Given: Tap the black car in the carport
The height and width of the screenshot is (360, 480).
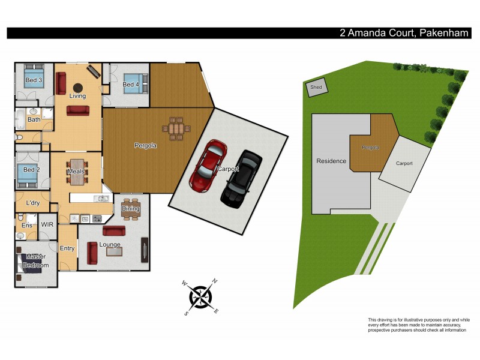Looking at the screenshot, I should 241,178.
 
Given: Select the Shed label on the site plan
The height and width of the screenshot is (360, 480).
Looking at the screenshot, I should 316,88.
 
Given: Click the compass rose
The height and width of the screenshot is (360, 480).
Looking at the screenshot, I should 201,296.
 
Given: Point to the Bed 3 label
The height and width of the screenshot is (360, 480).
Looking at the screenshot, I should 33,80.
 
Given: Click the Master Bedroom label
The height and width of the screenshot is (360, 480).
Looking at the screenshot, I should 36,261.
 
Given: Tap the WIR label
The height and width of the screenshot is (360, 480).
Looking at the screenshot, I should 47,225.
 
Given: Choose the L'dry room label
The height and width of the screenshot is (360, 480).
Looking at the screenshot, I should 33,202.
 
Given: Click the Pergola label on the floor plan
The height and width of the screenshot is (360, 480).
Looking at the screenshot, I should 145,145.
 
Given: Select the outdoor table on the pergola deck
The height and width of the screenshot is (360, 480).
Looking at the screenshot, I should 176,128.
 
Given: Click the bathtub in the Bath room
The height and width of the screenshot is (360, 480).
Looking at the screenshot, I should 20,119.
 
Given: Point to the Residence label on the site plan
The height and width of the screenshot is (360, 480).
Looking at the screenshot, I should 331,161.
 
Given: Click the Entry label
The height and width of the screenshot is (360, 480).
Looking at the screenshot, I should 67,248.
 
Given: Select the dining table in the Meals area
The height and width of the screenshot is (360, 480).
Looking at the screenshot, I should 77,172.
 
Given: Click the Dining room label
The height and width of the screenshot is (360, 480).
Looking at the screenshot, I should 130,209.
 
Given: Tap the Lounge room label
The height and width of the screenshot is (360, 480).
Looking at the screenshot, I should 110,245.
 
